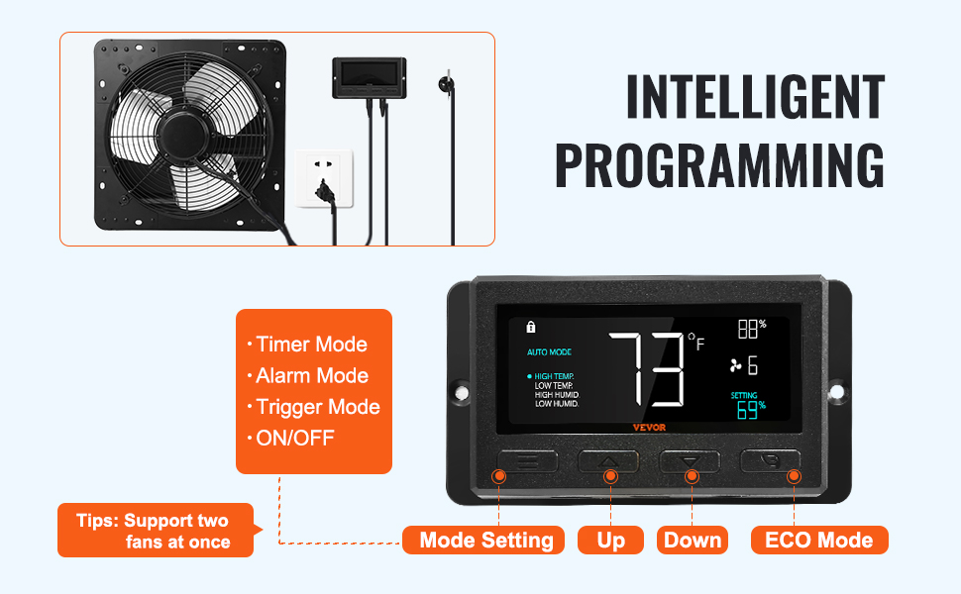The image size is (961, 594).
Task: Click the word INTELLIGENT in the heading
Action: [x=756, y=97]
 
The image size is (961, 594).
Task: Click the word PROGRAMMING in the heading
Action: [x=720, y=165]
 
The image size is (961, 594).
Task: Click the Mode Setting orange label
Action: [x=483, y=541]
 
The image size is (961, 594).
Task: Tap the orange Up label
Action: [x=610, y=541]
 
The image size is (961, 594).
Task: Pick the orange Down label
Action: [x=693, y=541]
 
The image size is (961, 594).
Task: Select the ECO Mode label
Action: [x=819, y=541]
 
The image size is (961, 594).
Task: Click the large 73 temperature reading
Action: [x=647, y=369]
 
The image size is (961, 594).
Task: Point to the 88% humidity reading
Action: [x=752, y=329]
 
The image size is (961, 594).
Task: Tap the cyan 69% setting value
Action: [x=751, y=410]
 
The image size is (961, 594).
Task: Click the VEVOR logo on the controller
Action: [x=649, y=428]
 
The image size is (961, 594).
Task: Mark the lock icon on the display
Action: [x=531, y=327]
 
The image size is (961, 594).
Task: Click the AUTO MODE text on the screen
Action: [x=549, y=352]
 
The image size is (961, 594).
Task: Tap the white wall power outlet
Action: [x=324, y=178]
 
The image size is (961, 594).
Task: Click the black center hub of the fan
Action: [x=184, y=136]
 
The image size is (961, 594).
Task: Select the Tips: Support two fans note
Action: [x=156, y=531]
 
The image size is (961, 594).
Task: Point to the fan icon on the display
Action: [x=735, y=365]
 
